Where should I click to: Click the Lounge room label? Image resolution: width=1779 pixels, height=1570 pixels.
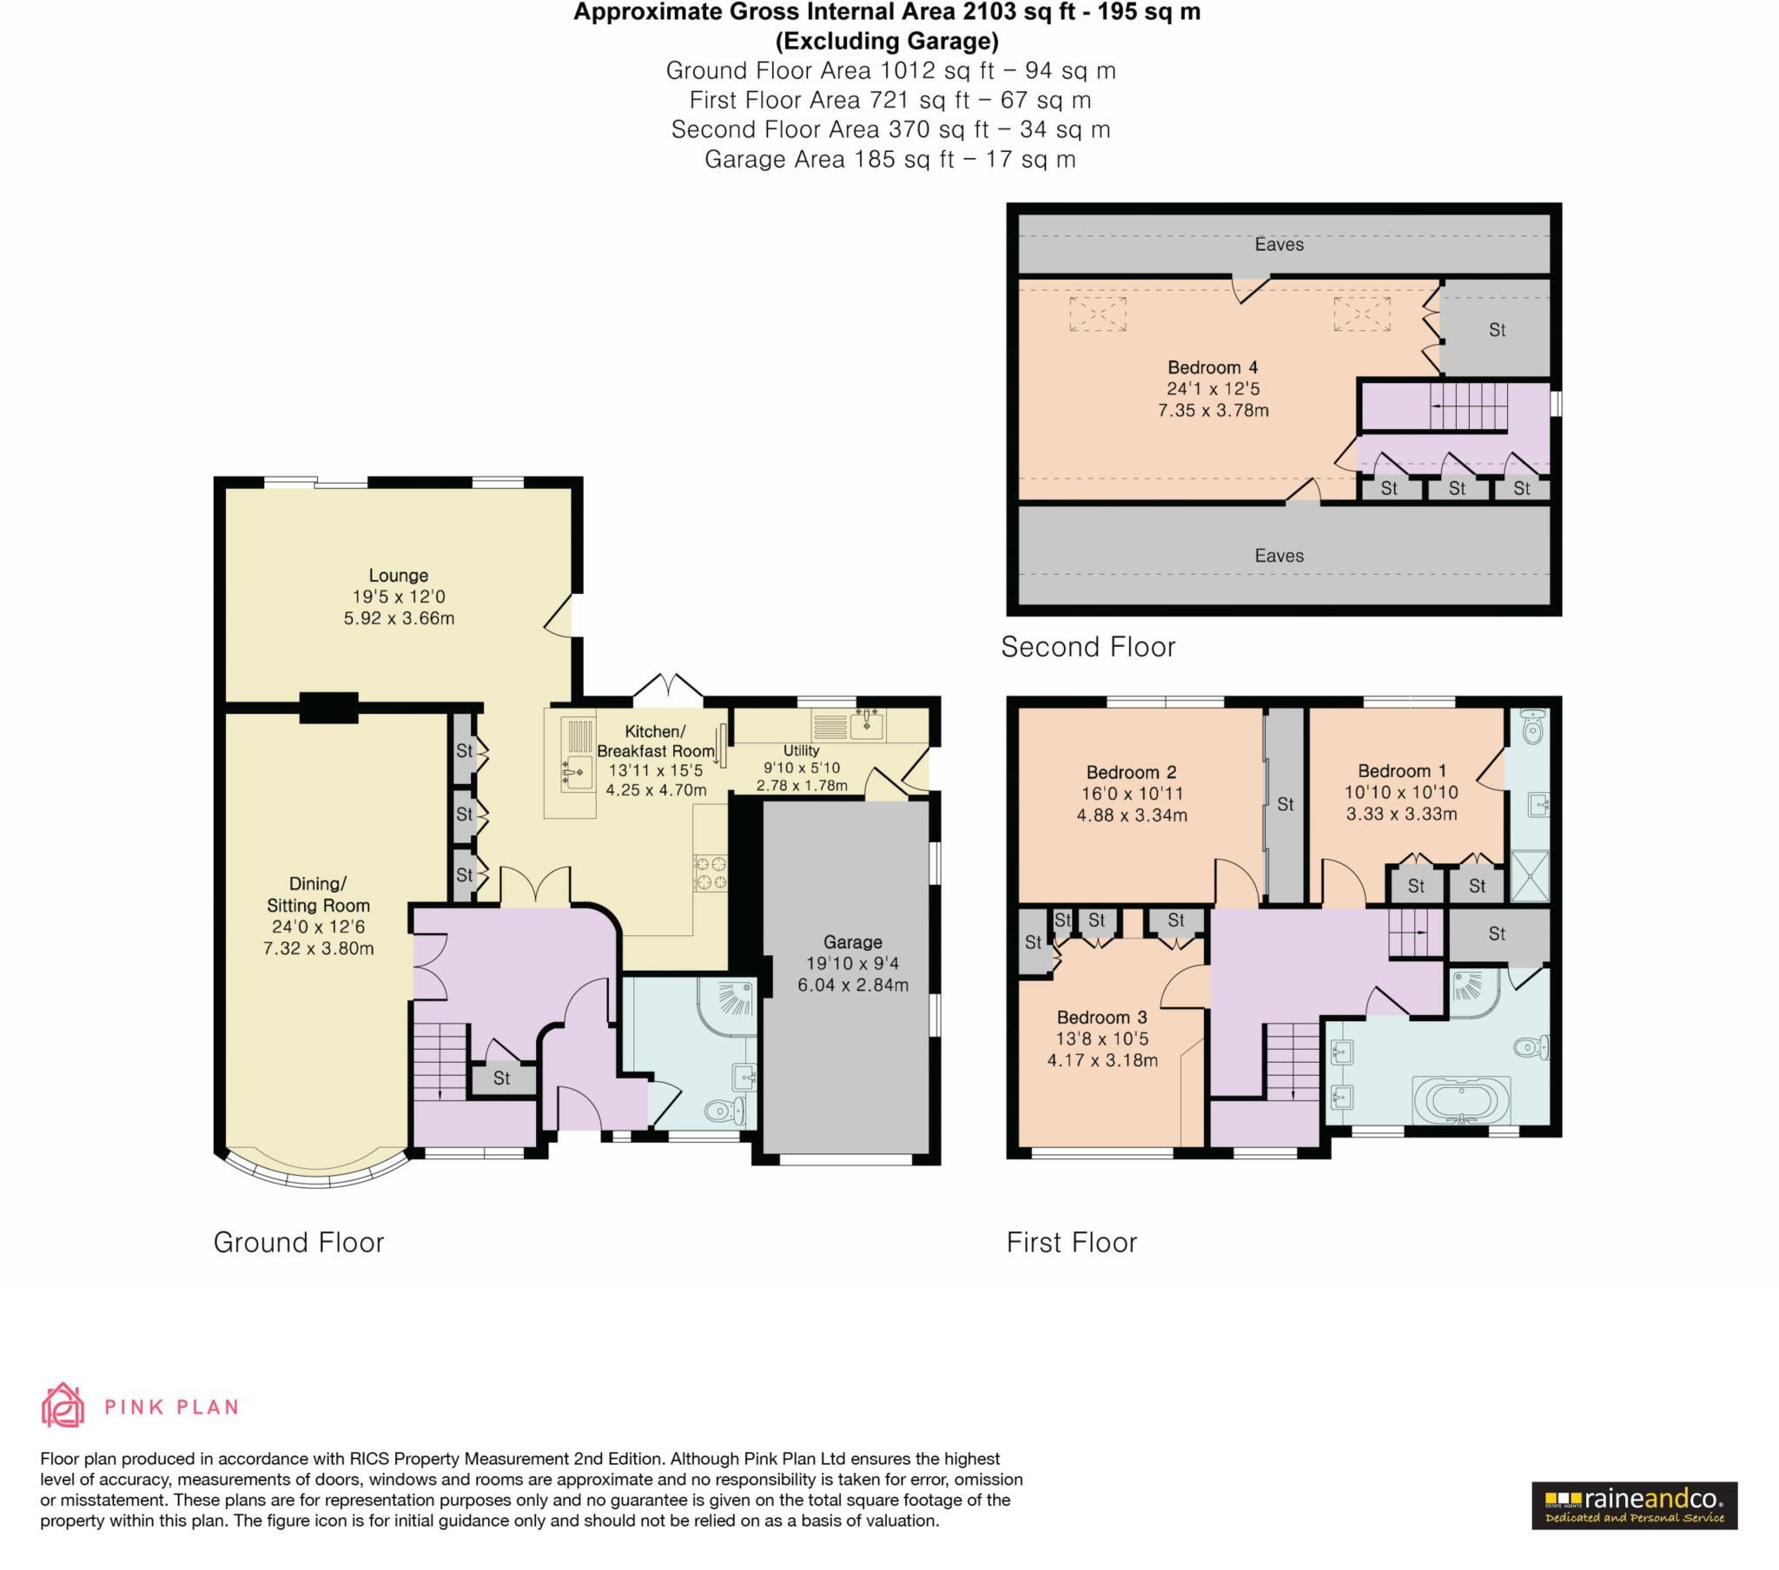[x=399, y=575]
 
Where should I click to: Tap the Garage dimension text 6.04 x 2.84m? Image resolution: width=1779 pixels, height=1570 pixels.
[x=852, y=986]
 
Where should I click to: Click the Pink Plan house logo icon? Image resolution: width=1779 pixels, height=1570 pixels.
[x=63, y=1406]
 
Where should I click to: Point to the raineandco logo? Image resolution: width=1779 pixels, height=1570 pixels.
[x=1634, y=1506]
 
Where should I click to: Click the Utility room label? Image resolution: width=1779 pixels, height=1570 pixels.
[x=801, y=750]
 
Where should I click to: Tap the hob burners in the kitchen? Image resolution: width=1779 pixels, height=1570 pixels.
[x=711, y=873]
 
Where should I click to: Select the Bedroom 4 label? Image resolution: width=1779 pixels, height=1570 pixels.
[x=1213, y=367]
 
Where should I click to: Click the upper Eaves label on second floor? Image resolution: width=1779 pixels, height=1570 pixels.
[x=1279, y=245]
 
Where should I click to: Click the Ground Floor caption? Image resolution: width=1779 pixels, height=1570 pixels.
[x=299, y=1242]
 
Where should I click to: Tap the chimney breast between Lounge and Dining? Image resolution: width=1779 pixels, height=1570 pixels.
[x=329, y=707]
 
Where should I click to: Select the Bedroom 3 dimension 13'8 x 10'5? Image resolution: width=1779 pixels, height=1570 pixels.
[x=1101, y=1039]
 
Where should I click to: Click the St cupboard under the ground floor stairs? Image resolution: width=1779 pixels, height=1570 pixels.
[x=501, y=1079]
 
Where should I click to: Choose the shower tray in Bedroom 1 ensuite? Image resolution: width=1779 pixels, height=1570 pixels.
[x=1528, y=875]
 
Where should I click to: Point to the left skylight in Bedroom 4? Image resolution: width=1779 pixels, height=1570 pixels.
[x=1097, y=313]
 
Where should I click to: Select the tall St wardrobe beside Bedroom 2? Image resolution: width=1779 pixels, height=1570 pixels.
[x=1285, y=805]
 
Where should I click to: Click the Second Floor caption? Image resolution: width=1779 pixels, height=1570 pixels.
[x=1088, y=647]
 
